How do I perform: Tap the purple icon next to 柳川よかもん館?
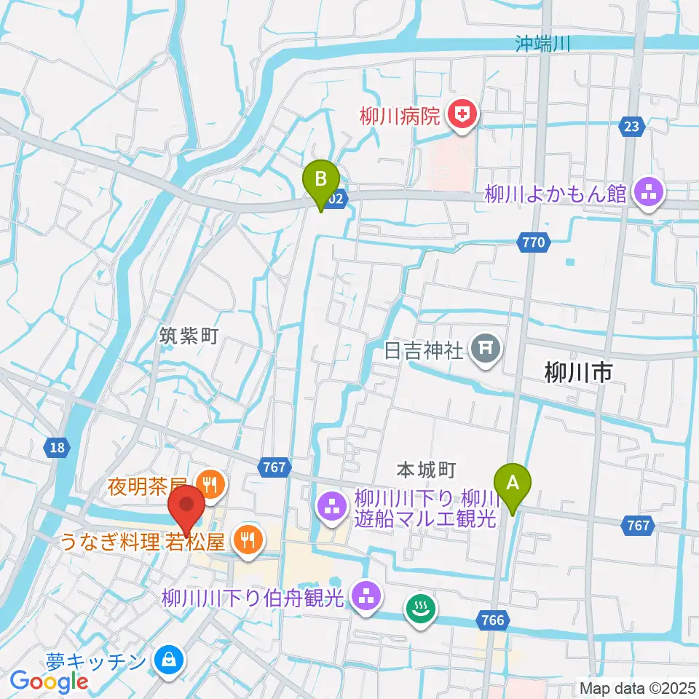pos(644,193)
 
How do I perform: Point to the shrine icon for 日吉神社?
pos(485,349)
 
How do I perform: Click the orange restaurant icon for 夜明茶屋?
pos(211,481)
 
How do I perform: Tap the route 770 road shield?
pos(532,243)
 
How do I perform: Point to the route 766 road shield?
pos(493,620)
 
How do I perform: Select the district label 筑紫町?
pos(189,336)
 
